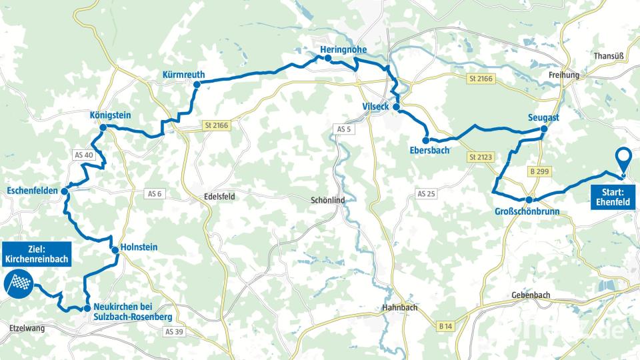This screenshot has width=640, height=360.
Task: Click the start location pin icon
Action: click(x=623, y=160)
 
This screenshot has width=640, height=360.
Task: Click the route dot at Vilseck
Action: click(x=396, y=107)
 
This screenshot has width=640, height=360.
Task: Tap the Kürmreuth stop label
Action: click(x=183, y=74)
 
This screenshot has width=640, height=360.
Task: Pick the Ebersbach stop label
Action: click(x=430, y=151)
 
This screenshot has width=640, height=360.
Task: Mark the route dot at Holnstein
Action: click(x=115, y=251)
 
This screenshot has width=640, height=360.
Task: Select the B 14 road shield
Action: click(x=446, y=326)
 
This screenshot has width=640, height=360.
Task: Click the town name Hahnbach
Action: click(x=401, y=308)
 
